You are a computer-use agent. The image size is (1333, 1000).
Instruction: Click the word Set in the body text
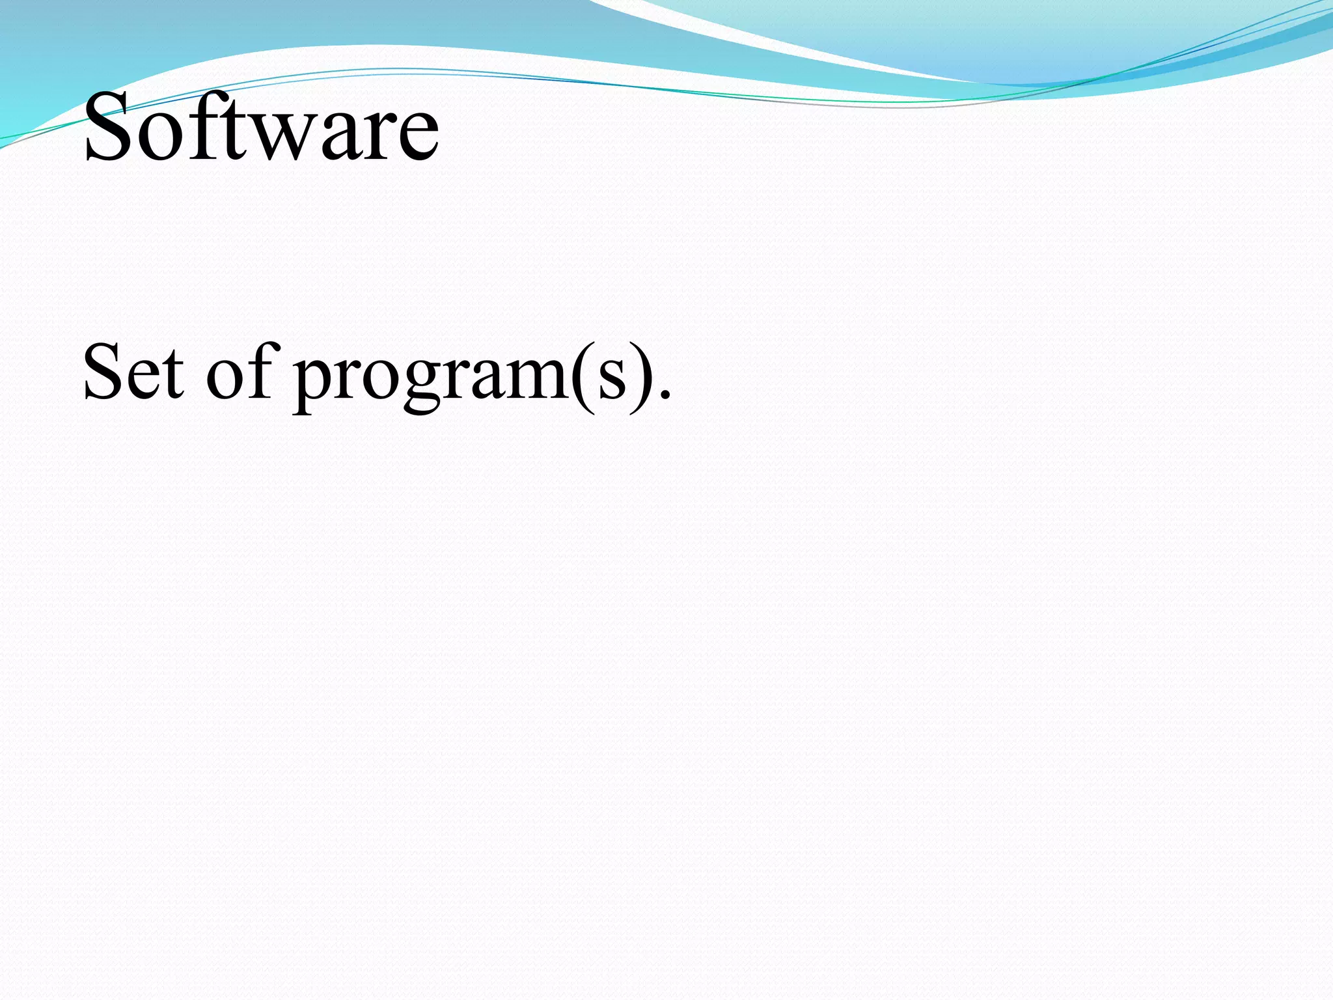click(x=133, y=372)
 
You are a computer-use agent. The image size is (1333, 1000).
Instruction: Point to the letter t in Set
click(x=173, y=376)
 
